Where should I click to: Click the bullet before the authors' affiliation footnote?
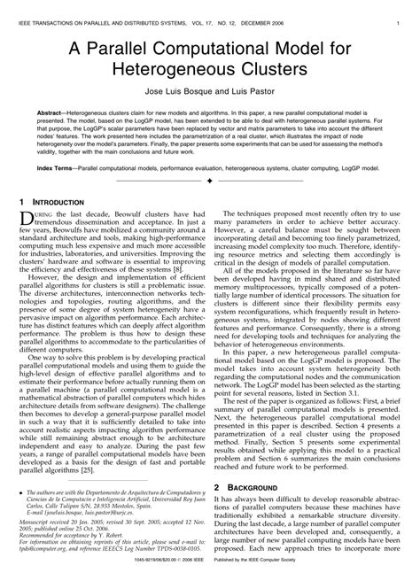point(19,492)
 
